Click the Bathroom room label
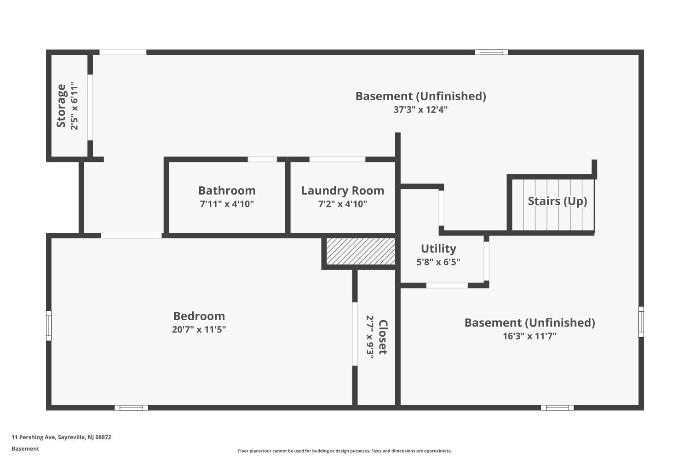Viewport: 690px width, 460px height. pos(227,190)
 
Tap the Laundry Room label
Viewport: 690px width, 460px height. pos(342,190)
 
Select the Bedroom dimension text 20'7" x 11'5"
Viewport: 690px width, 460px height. pos(199,329)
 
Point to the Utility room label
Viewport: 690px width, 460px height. pos(438,248)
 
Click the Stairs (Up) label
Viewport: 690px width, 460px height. pos(557,201)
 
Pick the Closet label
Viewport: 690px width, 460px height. pos(383,337)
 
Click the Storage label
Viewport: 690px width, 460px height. pos(61,106)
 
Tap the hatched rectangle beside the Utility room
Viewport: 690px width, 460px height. pos(361,251)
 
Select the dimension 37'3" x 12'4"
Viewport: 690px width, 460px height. pos(420,109)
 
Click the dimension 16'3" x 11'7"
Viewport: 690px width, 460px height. pos(529,336)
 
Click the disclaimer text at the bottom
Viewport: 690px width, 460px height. pos(345,451)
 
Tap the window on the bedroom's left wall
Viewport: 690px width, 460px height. pos(49,326)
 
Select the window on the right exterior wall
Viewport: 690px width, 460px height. pos(641,322)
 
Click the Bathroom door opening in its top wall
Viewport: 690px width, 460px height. pos(262,160)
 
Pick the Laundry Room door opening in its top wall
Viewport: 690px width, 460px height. pos(337,160)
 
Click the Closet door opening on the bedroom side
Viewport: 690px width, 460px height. pos(355,333)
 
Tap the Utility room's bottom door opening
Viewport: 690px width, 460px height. pos(447,285)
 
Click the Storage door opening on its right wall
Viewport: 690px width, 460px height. pos(90,107)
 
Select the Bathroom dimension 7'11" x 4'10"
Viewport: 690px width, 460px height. pos(227,204)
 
